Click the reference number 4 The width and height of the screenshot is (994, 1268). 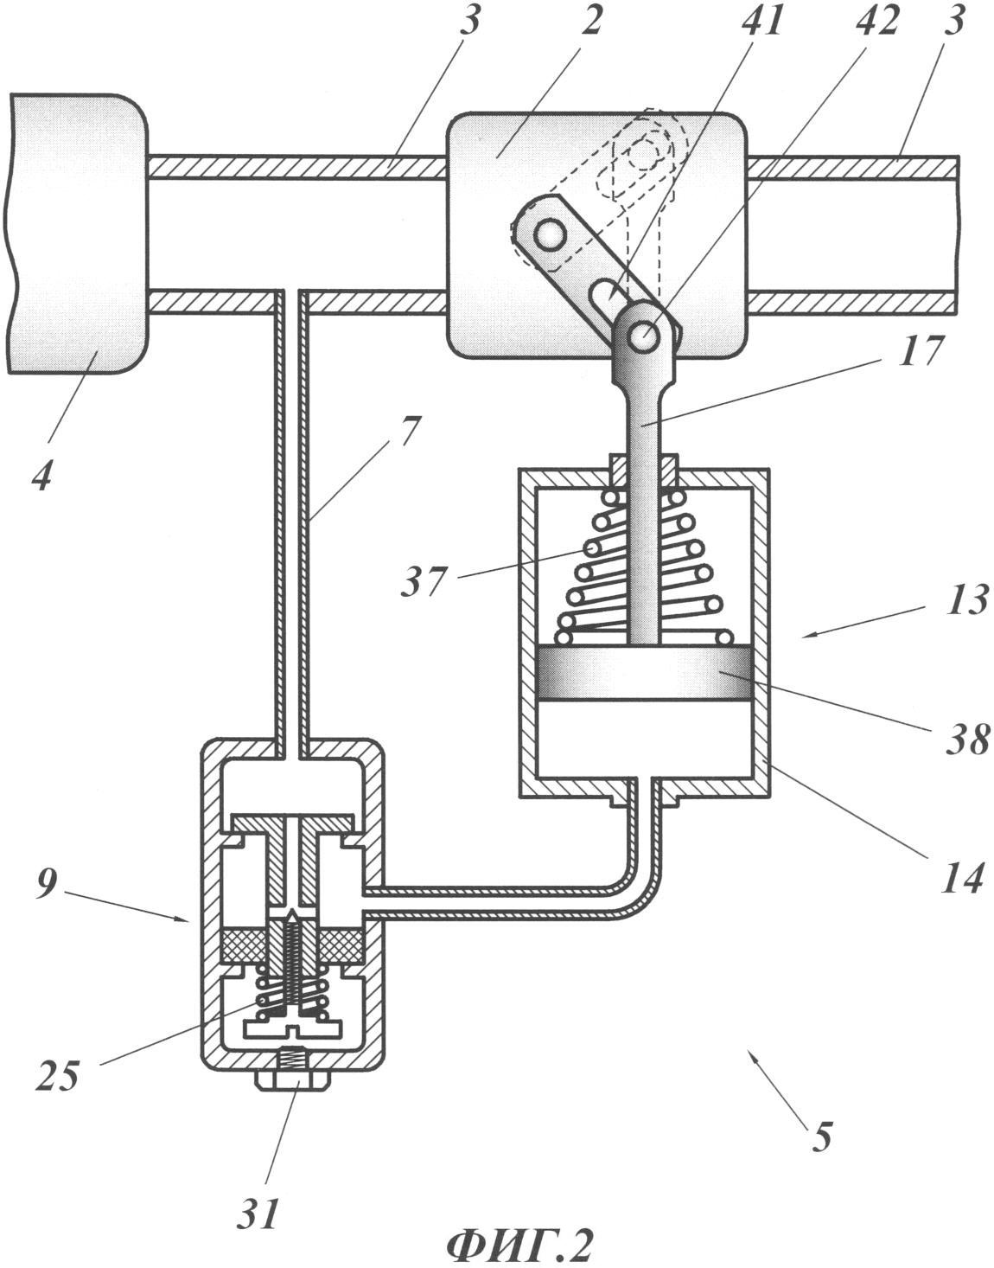tap(42, 472)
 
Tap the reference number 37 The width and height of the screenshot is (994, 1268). tap(424, 579)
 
